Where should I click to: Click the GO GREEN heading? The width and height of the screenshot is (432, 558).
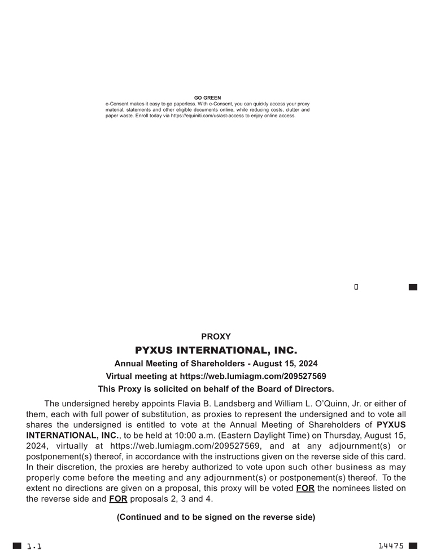click(x=207, y=98)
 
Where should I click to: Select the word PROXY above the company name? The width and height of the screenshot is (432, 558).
click(x=216, y=336)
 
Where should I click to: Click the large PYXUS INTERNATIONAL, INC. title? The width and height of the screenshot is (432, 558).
click(x=216, y=350)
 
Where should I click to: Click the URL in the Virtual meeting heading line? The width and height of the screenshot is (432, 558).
click(x=252, y=376)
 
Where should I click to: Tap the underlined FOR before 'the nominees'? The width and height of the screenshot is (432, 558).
click(x=305, y=488)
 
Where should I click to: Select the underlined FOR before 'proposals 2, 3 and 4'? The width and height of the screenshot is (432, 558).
click(x=118, y=499)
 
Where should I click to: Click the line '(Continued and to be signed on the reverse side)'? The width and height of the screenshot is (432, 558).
click(x=216, y=517)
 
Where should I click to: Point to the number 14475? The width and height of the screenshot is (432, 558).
click(x=391, y=546)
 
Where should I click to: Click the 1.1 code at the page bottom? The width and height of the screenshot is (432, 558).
click(x=34, y=546)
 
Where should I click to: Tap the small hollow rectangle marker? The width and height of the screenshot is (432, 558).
click(x=356, y=287)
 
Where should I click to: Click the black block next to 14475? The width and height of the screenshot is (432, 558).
click(x=413, y=546)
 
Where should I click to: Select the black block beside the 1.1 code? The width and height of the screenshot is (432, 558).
click(x=17, y=546)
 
